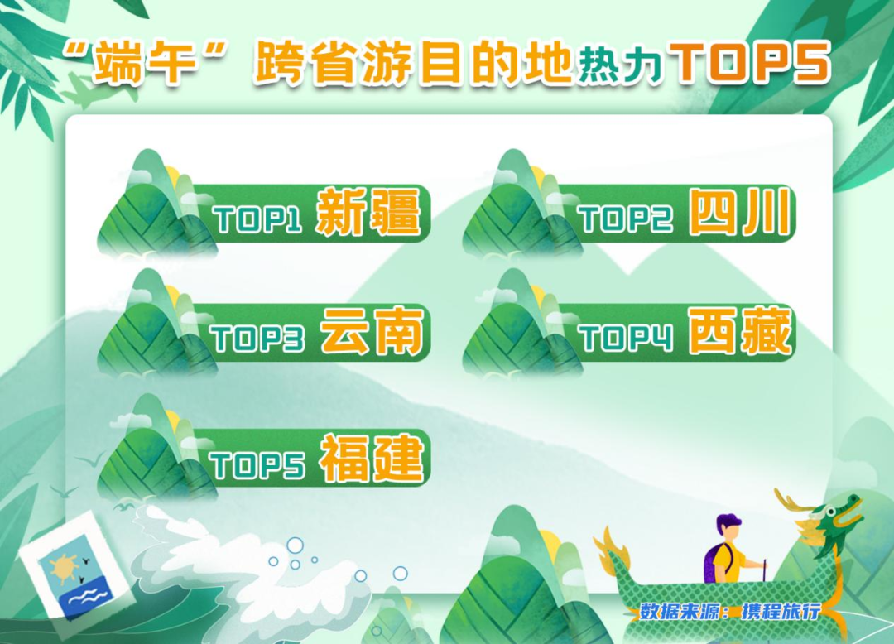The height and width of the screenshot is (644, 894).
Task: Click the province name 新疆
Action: click(368, 213)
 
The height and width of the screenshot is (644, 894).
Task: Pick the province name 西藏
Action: click(740, 333)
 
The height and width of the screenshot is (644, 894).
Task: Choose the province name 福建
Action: click(372, 459)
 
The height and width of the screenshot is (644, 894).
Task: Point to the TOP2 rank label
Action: click(626, 219)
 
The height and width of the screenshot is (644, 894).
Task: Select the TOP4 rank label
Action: click(626, 339)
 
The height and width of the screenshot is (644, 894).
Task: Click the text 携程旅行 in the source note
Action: click(781, 612)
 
